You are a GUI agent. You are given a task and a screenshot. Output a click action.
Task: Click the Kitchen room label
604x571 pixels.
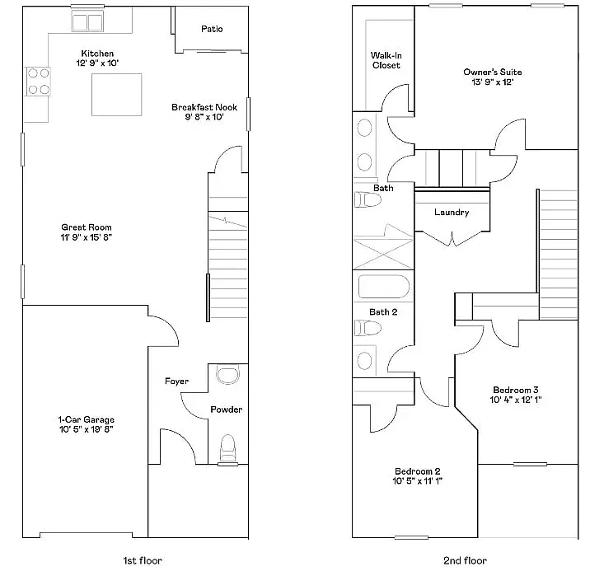[97, 54]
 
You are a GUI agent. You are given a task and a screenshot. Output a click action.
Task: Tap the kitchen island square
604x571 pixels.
[116, 94]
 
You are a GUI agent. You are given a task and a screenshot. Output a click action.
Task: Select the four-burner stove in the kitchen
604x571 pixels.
[38, 81]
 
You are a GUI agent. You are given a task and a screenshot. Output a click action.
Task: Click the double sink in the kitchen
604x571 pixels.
[87, 22]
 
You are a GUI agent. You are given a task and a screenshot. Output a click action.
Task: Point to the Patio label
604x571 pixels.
[212, 29]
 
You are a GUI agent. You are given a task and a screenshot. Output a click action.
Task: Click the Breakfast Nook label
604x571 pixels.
[204, 107]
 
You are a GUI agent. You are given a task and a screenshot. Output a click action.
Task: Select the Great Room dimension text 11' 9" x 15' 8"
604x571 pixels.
[87, 237]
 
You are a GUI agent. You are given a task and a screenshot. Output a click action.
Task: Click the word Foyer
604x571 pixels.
[176, 381]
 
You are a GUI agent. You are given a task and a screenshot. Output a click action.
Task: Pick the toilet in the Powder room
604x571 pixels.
[228, 447]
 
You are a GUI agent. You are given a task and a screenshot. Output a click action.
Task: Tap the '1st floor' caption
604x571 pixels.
[143, 560]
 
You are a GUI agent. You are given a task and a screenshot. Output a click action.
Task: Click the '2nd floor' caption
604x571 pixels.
[465, 560]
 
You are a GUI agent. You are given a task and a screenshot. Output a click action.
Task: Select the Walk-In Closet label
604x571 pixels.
[386, 60]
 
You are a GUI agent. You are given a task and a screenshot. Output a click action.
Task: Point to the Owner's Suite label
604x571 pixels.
[492, 73]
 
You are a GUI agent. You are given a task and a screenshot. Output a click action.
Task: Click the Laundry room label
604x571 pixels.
[452, 213]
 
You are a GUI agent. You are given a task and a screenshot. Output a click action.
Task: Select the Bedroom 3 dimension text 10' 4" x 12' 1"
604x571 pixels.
[516, 400]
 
